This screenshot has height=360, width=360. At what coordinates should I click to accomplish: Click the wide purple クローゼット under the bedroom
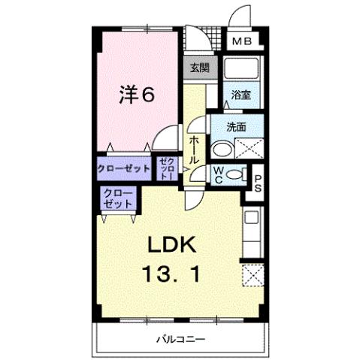tap(123, 168)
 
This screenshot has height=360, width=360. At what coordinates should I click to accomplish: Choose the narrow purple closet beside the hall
tap(168, 169)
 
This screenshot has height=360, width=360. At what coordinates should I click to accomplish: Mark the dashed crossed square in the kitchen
tap(252, 275)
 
